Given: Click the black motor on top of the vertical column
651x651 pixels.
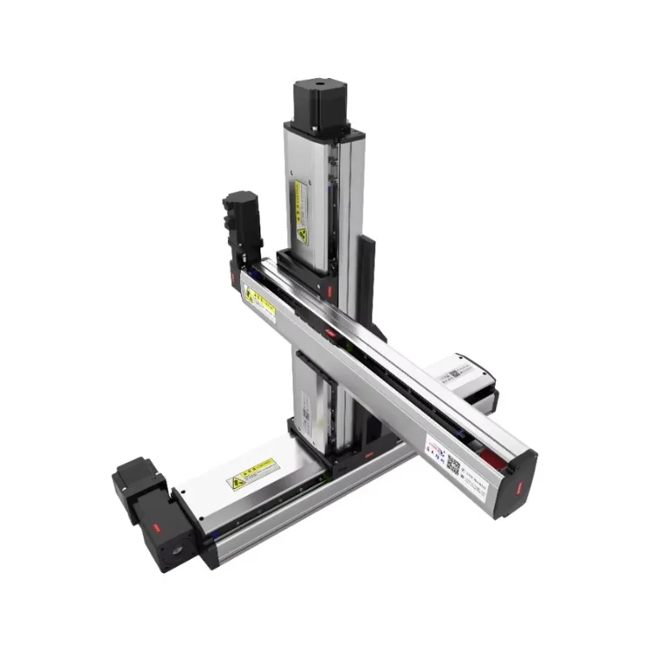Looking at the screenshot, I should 320,104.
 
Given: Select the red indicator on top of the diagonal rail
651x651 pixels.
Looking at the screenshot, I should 330,333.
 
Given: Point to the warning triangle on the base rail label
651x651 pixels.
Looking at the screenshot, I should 239,483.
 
